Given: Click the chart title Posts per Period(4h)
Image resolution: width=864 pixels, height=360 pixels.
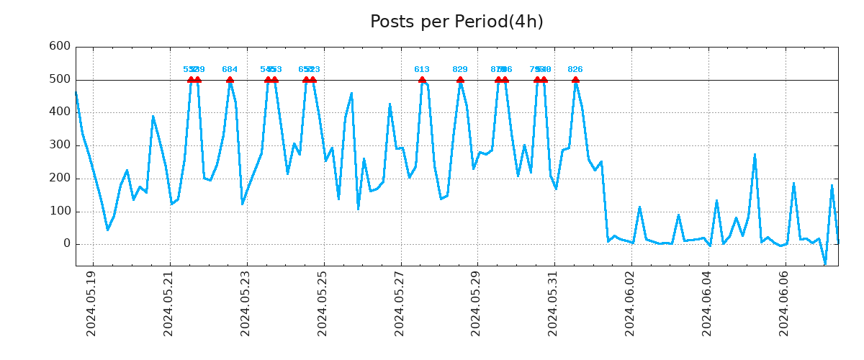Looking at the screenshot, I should click(x=456, y=22).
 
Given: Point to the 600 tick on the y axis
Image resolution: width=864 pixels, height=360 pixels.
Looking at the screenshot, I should click(x=59, y=46).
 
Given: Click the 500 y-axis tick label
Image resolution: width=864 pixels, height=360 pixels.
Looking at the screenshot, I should click(x=59, y=79).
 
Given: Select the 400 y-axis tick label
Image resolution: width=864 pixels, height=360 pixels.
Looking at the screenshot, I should click(x=59, y=112).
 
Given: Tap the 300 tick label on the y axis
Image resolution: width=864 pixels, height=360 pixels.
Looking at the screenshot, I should click(x=59, y=145).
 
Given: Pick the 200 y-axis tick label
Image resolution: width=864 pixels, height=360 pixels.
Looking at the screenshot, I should click(x=59, y=179).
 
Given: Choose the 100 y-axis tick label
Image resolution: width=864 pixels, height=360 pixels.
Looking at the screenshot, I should click(x=59, y=212).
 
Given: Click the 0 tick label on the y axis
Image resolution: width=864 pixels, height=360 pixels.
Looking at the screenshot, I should click(x=66, y=244).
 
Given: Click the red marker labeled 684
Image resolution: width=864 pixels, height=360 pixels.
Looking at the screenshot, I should click(x=230, y=80).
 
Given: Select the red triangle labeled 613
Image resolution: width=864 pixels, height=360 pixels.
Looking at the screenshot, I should click(x=422, y=80).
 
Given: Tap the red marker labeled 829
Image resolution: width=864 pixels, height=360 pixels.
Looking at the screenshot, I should click(x=460, y=80).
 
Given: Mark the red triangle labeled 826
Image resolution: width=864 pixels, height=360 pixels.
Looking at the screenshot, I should click(x=575, y=80).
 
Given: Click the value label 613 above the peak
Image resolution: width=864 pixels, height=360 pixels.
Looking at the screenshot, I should click(x=422, y=70).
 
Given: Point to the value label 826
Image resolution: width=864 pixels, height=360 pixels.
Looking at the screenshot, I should click(x=575, y=70).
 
